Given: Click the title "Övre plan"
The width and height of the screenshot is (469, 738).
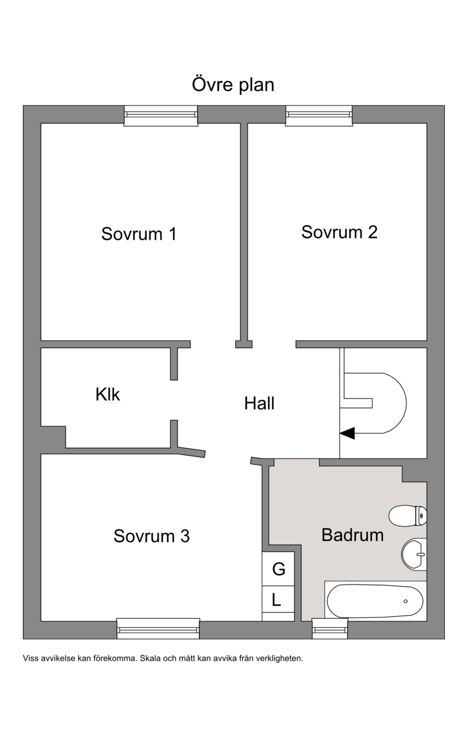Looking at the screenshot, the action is pyautogui.click(x=233, y=84).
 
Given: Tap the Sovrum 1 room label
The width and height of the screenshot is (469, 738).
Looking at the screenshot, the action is pyautogui.click(x=139, y=234).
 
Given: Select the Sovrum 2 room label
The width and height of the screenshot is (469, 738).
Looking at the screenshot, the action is pyautogui.click(x=339, y=232).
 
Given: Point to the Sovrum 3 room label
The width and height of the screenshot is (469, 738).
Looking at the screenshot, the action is pyautogui.click(x=152, y=536).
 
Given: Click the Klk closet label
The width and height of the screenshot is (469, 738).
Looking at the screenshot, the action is pyautogui.click(x=107, y=394).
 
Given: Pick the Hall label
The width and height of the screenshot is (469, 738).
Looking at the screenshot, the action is pyautogui.click(x=259, y=403).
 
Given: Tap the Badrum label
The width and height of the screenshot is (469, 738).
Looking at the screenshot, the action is pyautogui.click(x=352, y=535).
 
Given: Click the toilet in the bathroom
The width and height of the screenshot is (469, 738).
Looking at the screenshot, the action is pyautogui.click(x=408, y=516).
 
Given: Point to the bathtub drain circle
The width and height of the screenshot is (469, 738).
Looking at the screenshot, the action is pyautogui.click(x=405, y=601).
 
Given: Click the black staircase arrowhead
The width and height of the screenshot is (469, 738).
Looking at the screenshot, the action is pyautogui.click(x=348, y=433).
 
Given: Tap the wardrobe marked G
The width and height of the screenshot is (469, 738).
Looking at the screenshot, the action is pyautogui.click(x=278, y=569).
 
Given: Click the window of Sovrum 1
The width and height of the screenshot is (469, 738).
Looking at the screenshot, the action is pyautogui.click(x=161, y=115).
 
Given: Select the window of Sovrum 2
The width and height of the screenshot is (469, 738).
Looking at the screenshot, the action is pyautogui.click(x=319, y=115).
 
